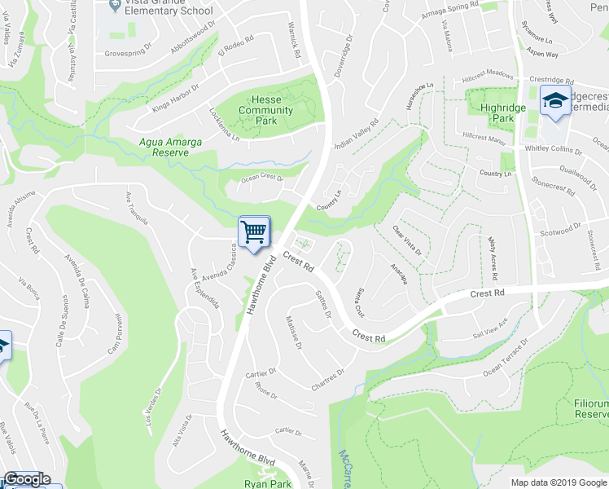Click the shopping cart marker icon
click(x=254, y=231)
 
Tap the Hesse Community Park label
click(x=266, y=110)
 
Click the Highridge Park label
click(x=497, y=112)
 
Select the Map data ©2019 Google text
click(x=559, y=482)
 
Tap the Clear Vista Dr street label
click(x=407, y=241)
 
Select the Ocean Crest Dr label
click(x=261, y=178)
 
